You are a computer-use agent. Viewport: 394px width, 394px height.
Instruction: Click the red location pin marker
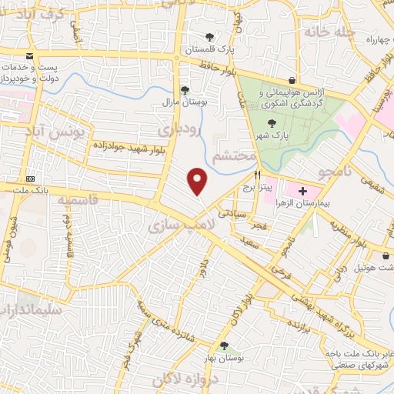[199, 181]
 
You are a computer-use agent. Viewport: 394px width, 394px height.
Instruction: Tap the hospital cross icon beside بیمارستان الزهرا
[302, 191]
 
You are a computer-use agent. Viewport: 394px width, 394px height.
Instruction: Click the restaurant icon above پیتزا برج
[258, 175]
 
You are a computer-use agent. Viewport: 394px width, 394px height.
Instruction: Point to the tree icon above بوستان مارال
[184, 89]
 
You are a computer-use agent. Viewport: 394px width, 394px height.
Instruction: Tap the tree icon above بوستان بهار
[224, 346]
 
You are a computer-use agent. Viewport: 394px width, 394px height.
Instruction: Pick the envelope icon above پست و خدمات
[30, 56]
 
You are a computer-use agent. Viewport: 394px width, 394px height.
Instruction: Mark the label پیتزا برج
[258, 187]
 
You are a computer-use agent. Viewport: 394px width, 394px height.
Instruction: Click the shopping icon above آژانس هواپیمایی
[292, 80]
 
